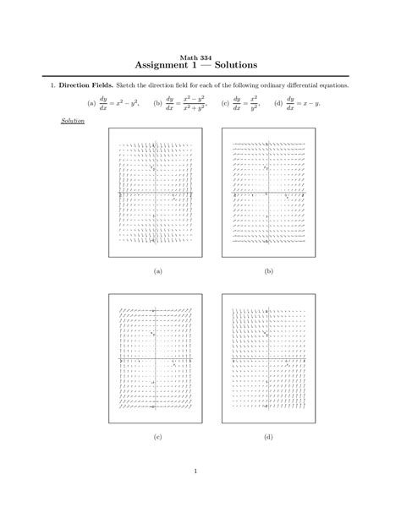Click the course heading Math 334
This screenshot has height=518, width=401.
(200, 56)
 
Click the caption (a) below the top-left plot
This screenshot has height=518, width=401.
(157, 271)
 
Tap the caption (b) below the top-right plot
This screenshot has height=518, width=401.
(268, 271)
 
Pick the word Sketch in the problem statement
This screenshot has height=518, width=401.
(127, 86)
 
